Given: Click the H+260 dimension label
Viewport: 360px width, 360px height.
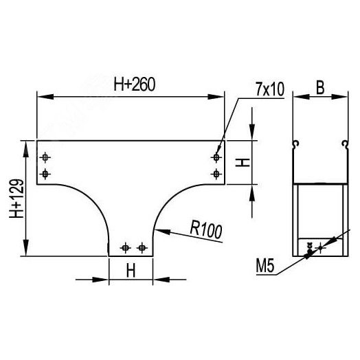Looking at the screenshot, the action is (135, 85).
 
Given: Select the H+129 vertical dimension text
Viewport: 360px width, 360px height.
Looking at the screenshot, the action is (16, 199).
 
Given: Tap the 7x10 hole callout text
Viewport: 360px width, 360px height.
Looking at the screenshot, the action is (270, 89).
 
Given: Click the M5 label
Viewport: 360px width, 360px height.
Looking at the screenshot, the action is (265, 266).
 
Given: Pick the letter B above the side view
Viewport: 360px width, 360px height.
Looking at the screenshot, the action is (320, 87).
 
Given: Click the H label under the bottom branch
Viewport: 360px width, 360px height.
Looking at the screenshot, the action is (131, 270).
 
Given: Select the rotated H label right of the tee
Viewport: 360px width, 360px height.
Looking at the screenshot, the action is (243, 163).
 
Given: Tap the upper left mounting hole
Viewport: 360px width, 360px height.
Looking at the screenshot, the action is (45, 157).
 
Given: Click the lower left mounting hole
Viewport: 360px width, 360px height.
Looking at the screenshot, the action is (45, 175).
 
